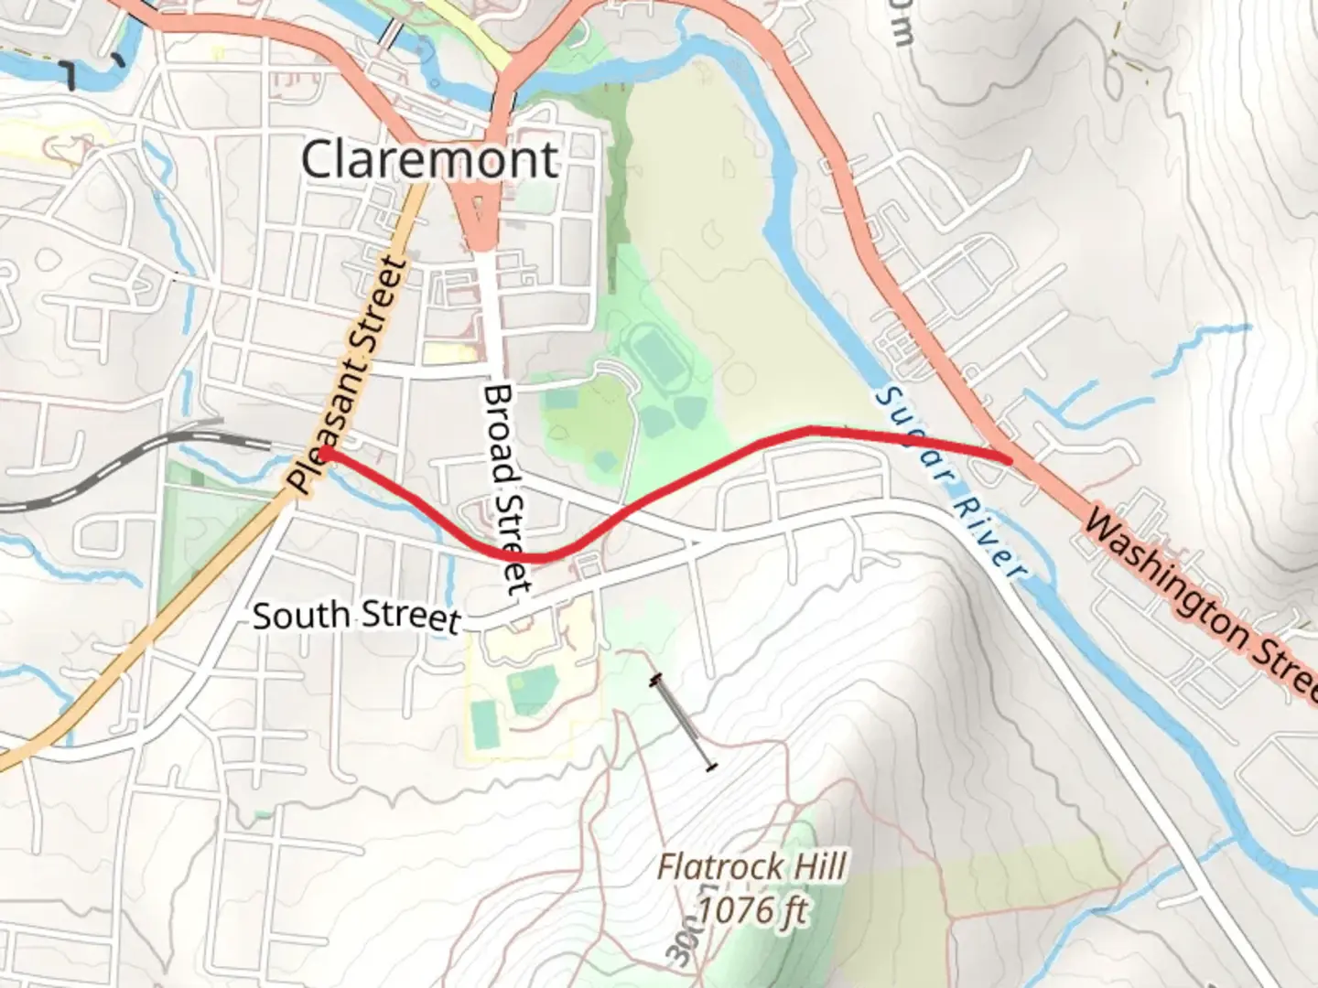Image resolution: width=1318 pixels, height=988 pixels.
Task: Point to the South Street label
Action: pyautogui.click(x=355, y=617)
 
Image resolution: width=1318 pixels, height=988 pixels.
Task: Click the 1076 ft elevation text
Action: pyautogui.click(x=752, y=910)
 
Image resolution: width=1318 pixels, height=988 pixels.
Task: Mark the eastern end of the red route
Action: pyautogui.click(x=1009, y=458)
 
